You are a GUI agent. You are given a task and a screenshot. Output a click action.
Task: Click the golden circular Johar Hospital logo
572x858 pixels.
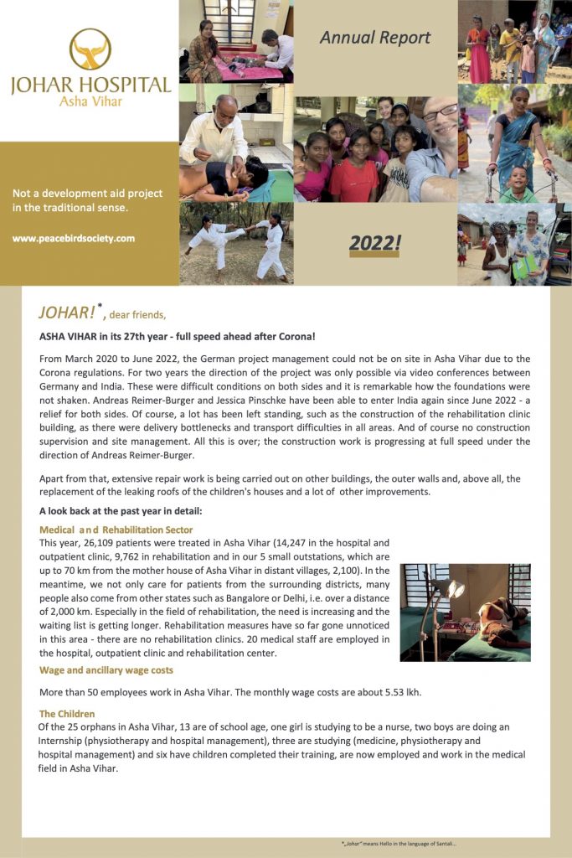pos(90,49)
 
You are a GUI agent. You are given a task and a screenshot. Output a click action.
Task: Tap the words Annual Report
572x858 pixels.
pos(375,38)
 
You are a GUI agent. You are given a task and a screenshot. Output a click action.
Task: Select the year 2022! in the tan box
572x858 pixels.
pos(375,243)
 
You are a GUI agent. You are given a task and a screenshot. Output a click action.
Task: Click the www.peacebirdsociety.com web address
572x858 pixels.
pos(74,238)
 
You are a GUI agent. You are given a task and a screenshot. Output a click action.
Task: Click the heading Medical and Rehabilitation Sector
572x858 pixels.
pos(116,530)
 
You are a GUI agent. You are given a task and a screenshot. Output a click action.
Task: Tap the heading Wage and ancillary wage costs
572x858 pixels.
pos(106,669)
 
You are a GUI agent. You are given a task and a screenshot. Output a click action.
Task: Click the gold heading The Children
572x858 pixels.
pos(67,714)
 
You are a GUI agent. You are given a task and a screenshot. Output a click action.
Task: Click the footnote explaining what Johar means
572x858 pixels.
pos(398,844)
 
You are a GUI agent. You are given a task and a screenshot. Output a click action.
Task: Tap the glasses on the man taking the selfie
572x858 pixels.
pos(441,112)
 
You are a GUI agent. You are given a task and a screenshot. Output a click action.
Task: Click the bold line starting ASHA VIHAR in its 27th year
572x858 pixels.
pos(177,337)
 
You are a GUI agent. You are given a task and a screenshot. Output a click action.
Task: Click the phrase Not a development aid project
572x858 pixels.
pos(87,194)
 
